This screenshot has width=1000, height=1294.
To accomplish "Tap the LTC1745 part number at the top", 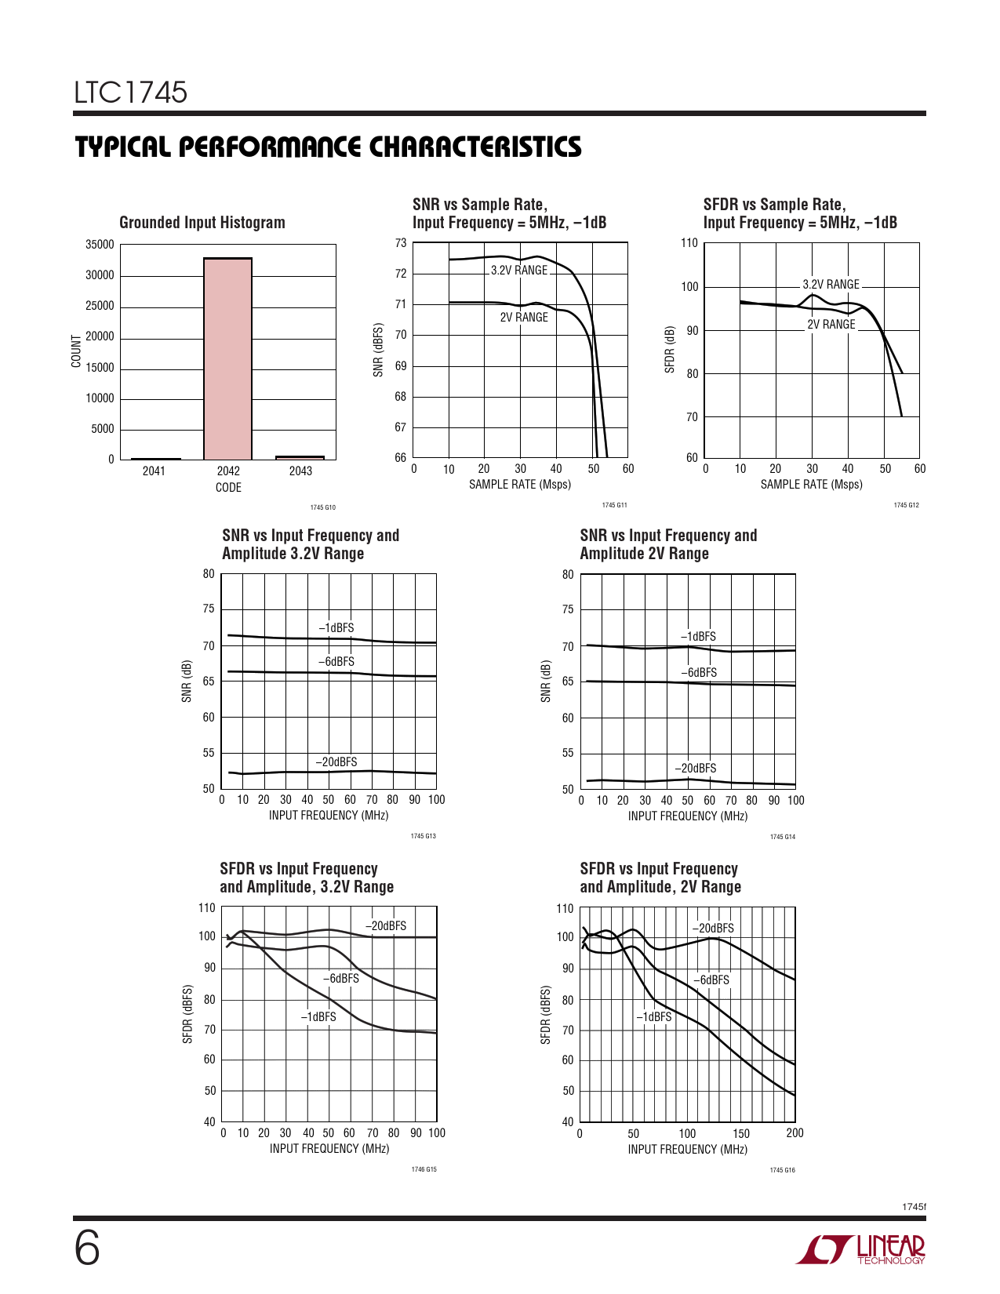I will point(131,93).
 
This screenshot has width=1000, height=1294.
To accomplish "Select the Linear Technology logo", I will point(861,1249).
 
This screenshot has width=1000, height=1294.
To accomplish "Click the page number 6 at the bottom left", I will point(87,1249).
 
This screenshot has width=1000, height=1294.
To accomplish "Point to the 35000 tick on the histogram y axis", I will point(100,245).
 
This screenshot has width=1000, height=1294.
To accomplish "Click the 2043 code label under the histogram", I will point(300,471).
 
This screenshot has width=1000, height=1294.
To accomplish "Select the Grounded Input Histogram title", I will point(202,223).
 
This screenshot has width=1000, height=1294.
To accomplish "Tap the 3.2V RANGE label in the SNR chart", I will point(519,271).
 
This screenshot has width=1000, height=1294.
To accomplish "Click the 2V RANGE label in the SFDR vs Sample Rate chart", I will point(831,324).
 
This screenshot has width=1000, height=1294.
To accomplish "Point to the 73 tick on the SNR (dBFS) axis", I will point(401,243).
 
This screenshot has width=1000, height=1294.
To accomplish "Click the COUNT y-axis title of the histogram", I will point(76,351).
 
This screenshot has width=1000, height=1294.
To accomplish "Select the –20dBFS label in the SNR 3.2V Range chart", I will point(336,762).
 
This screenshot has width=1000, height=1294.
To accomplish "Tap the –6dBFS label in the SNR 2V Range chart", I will point(698,673).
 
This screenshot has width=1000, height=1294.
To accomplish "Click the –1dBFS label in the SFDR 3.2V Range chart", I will point(318,1017).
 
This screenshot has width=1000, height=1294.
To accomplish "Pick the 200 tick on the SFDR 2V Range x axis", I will point(795,1133).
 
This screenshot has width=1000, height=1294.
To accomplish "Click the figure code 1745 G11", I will point(614,505).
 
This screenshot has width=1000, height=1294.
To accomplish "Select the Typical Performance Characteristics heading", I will point(329,147).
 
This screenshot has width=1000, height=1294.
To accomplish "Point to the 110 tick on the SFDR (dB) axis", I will point(689,243).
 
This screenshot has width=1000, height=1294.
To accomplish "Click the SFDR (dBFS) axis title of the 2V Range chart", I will point(546,1016).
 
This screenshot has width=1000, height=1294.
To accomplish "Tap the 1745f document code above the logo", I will point(914,1206).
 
